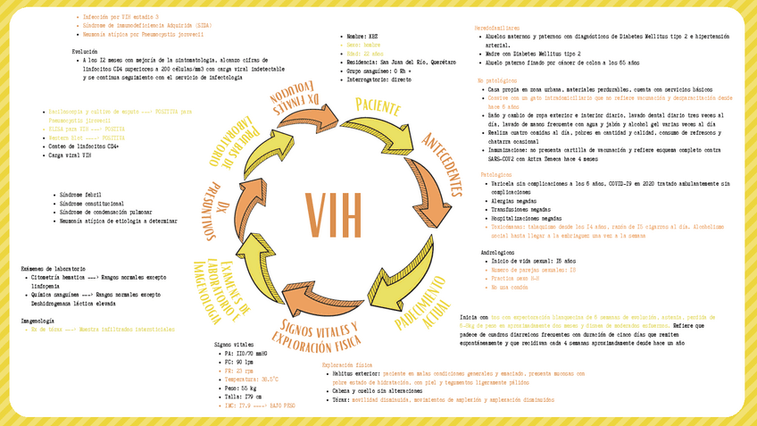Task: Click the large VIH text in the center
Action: click(334, 213)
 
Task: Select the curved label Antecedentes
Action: click(442, 165)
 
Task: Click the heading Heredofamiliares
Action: click(495, 29)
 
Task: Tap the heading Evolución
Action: click(85, 52)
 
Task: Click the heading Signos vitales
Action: click(235, 345)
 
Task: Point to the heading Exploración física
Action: click(346, 365)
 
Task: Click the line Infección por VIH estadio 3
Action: click(120, 17)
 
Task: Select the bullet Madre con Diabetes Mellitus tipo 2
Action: click(535, 54)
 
